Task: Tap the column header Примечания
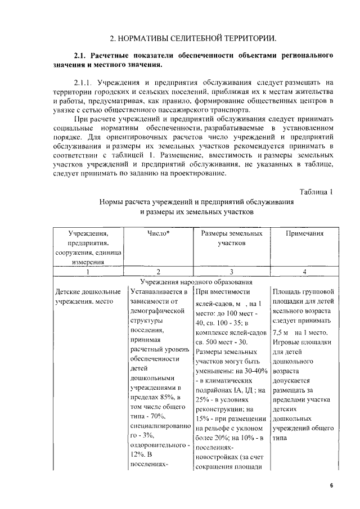[304, 233]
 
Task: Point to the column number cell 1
[87, 272]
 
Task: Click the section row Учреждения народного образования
[196, 281]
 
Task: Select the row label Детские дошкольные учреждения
[88, 297]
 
